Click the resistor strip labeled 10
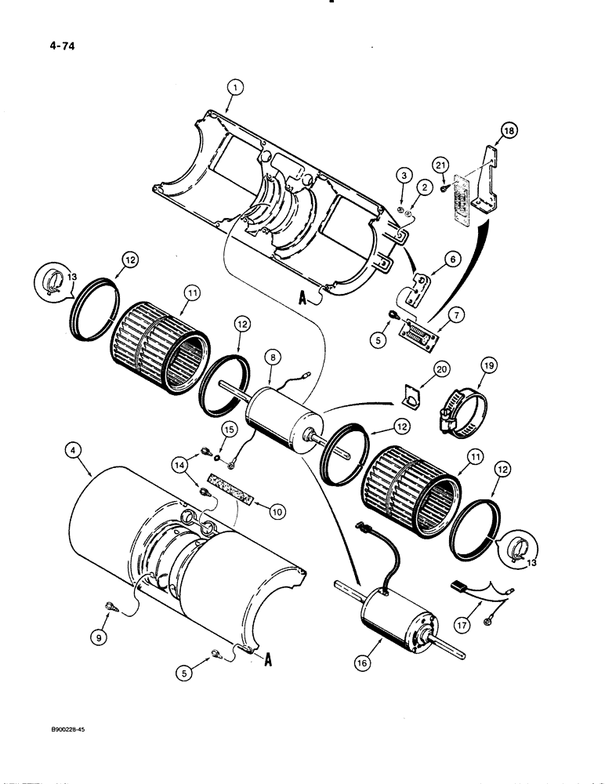[233, 499]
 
